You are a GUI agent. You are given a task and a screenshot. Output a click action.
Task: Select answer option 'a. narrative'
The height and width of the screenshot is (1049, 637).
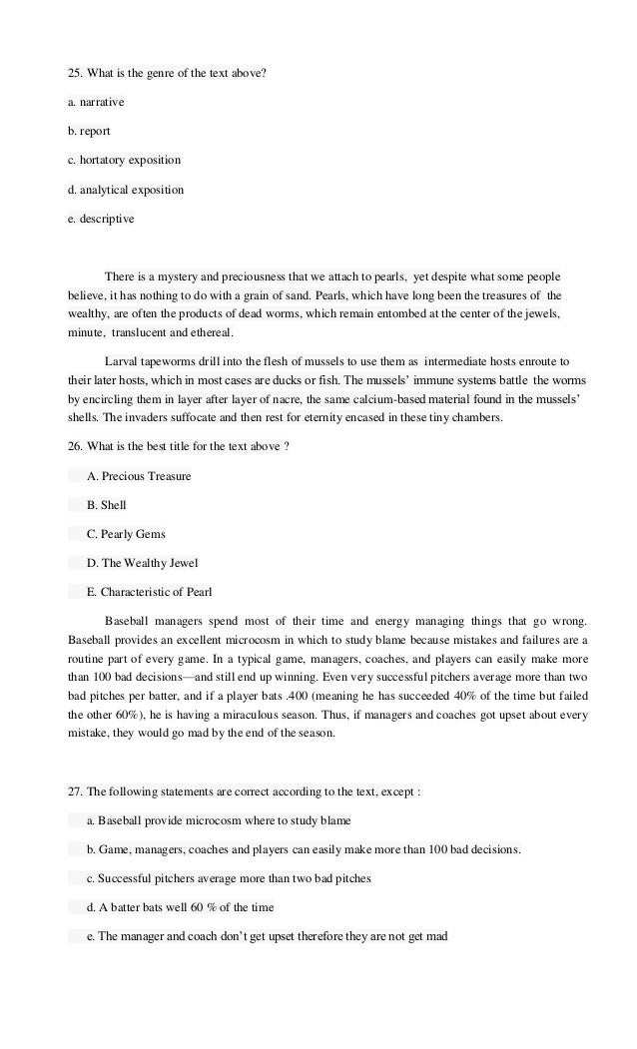tap(96, 102)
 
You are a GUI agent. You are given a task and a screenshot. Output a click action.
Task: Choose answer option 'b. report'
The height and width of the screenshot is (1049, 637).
tap(89, 130)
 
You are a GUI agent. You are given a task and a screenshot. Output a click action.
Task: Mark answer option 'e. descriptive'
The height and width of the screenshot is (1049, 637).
tap(100, 217)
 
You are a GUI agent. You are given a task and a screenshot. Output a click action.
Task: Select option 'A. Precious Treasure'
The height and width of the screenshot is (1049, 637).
tap(139, 476)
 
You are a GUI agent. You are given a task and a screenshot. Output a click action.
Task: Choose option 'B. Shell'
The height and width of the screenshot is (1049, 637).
tap(106, 505)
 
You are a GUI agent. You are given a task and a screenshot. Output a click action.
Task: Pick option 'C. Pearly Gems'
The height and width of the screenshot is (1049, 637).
tap(126, 534)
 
